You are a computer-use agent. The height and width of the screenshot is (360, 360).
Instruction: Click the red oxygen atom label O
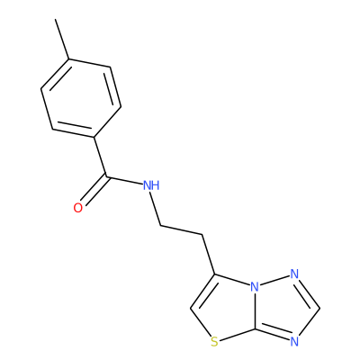click(x=78, y=208)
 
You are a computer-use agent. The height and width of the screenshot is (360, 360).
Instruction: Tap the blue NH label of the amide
click(x=151, y=186)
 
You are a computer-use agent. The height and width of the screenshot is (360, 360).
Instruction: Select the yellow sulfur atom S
click(x=214, y=342)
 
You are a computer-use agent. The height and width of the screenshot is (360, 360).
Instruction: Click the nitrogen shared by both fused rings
click(x=255, y=287)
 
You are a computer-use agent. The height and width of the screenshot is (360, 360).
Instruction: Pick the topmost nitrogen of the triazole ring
click(x=294, y=274)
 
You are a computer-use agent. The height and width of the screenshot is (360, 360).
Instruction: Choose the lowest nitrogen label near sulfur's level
click(x=294, y=342)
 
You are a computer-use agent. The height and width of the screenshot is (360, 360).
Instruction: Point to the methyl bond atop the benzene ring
click(x=62, y=39)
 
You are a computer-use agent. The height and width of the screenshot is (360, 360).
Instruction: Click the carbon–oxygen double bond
click(x=94, y=191)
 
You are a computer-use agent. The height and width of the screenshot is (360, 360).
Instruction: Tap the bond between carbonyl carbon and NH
click(x=124, y=181)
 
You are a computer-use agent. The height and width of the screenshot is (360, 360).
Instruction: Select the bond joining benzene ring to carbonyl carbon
click(x=100, y=157)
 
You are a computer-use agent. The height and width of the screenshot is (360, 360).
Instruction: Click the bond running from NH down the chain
click(x=156, y=210)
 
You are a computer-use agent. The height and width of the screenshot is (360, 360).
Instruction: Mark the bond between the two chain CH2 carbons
click(x=182, y=230)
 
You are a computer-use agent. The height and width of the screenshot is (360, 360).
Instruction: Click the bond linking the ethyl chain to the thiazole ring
click(x=209, y=255)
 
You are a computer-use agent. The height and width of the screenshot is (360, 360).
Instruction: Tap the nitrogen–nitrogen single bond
click(x=274, y=280)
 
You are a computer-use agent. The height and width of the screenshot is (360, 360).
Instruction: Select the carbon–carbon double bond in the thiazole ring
click(x=202, y=292)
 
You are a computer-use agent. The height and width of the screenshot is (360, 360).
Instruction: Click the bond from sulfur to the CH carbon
click(x=201, y=322)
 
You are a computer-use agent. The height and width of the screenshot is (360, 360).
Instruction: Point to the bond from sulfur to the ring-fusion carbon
click(x=237, y=335)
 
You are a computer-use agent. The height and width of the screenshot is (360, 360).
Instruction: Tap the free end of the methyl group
click(x=55, y=19)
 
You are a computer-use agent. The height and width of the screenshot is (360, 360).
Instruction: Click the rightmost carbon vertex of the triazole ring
click(x=319, y=308)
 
